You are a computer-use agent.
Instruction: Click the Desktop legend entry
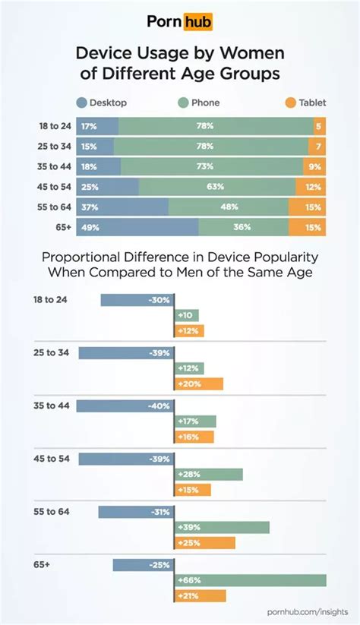pos(102,103)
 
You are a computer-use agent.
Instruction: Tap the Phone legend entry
pos(203,103)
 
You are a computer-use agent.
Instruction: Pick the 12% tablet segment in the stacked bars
pos(311,187)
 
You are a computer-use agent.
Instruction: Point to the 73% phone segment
pos(211,166)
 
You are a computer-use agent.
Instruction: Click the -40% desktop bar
pos(125,406)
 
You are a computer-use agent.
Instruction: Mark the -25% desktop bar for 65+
pos(142,565)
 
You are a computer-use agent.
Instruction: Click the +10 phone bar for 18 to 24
pos(186,315)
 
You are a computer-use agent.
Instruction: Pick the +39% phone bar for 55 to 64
pos(221,527)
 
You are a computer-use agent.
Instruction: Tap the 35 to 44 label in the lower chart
pos(52,406)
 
